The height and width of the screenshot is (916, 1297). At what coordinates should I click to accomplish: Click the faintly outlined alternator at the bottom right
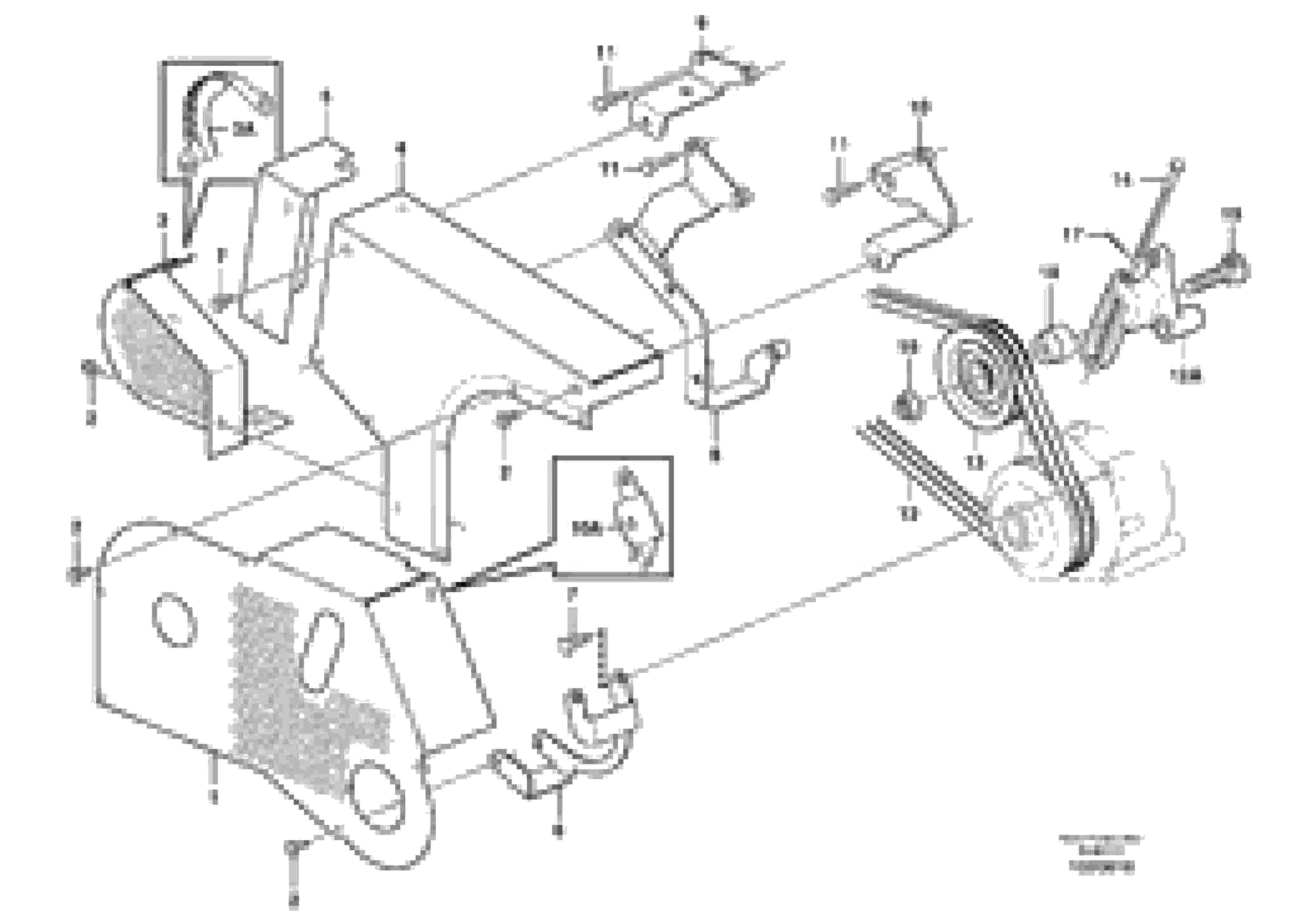1085,508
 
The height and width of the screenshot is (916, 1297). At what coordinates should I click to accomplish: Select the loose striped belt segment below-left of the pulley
915,475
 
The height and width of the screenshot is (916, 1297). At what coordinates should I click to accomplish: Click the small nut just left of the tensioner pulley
907,405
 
